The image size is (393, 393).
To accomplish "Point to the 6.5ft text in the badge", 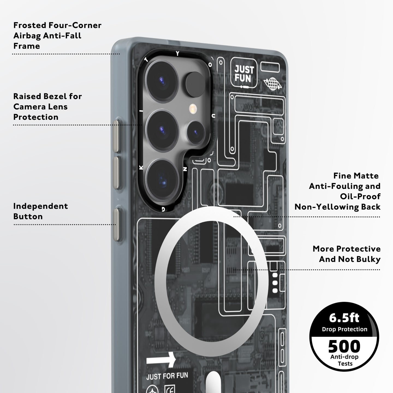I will click(x=344, y=318).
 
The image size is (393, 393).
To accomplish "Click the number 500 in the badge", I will click(x=344, y=346).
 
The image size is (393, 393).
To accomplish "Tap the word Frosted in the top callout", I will click(x=30, y=25).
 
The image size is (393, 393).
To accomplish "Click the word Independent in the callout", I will click(x=40, y=206).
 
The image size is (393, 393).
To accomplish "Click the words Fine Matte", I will click(x=356, y=176).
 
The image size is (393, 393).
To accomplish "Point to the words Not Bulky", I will click(x=359, y=259).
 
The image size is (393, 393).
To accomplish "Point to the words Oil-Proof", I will click(x=360, y=196).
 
